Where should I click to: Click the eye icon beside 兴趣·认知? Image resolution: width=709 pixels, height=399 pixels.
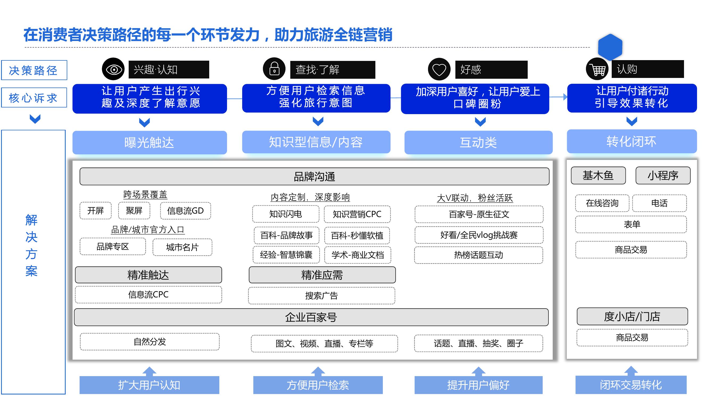pyautogui.click(x=113, y=69)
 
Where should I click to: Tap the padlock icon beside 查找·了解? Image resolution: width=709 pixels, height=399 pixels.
pyautogui.click(x=274, y=69)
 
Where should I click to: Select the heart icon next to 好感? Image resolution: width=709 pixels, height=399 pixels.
pyautogui.click(x=439, y=69)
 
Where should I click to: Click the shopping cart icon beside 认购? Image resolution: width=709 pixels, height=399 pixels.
pyautogui.click(x=597, y=69)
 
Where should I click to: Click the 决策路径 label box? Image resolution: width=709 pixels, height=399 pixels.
pyautogui.click(x=34, y=70)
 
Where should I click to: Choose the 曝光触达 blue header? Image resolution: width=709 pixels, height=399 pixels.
pyautogui.click(x=149, y=142)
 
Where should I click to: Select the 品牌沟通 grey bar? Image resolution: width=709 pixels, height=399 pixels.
pyautogui.click(x=314, y=176)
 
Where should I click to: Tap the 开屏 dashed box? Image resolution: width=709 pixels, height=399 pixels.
pyautogui.click(x=95, y=211)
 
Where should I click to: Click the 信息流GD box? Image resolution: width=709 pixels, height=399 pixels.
pyautogui.click(x=185, y=211)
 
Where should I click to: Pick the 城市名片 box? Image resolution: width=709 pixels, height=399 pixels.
pyautogui.click(x=182, y=247)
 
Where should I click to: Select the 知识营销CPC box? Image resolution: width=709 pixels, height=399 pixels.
pyautogui.click(x=357, y=214)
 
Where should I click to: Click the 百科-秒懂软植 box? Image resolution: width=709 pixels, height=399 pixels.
pyautogui.click(x=357, y=235)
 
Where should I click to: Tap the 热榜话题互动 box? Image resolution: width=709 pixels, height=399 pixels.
pyautogui.click(x=479, y=255)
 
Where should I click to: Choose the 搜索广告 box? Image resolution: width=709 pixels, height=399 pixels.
pyautogui.click(x=321, y=296)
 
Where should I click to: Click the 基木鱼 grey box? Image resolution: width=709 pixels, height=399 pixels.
pyautogui.click(x=598, y=175)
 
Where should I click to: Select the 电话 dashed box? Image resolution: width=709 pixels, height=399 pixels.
pyautogui.click(x=660, y=203)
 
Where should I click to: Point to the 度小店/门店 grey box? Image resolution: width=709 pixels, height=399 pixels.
pyautogui.click(x=632, y=316)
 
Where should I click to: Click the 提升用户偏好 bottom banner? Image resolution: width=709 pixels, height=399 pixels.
pyautogui.click(x=478, y=385)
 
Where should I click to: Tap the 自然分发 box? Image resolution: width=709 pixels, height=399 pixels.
pyautogui.click(x=149, y=342)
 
